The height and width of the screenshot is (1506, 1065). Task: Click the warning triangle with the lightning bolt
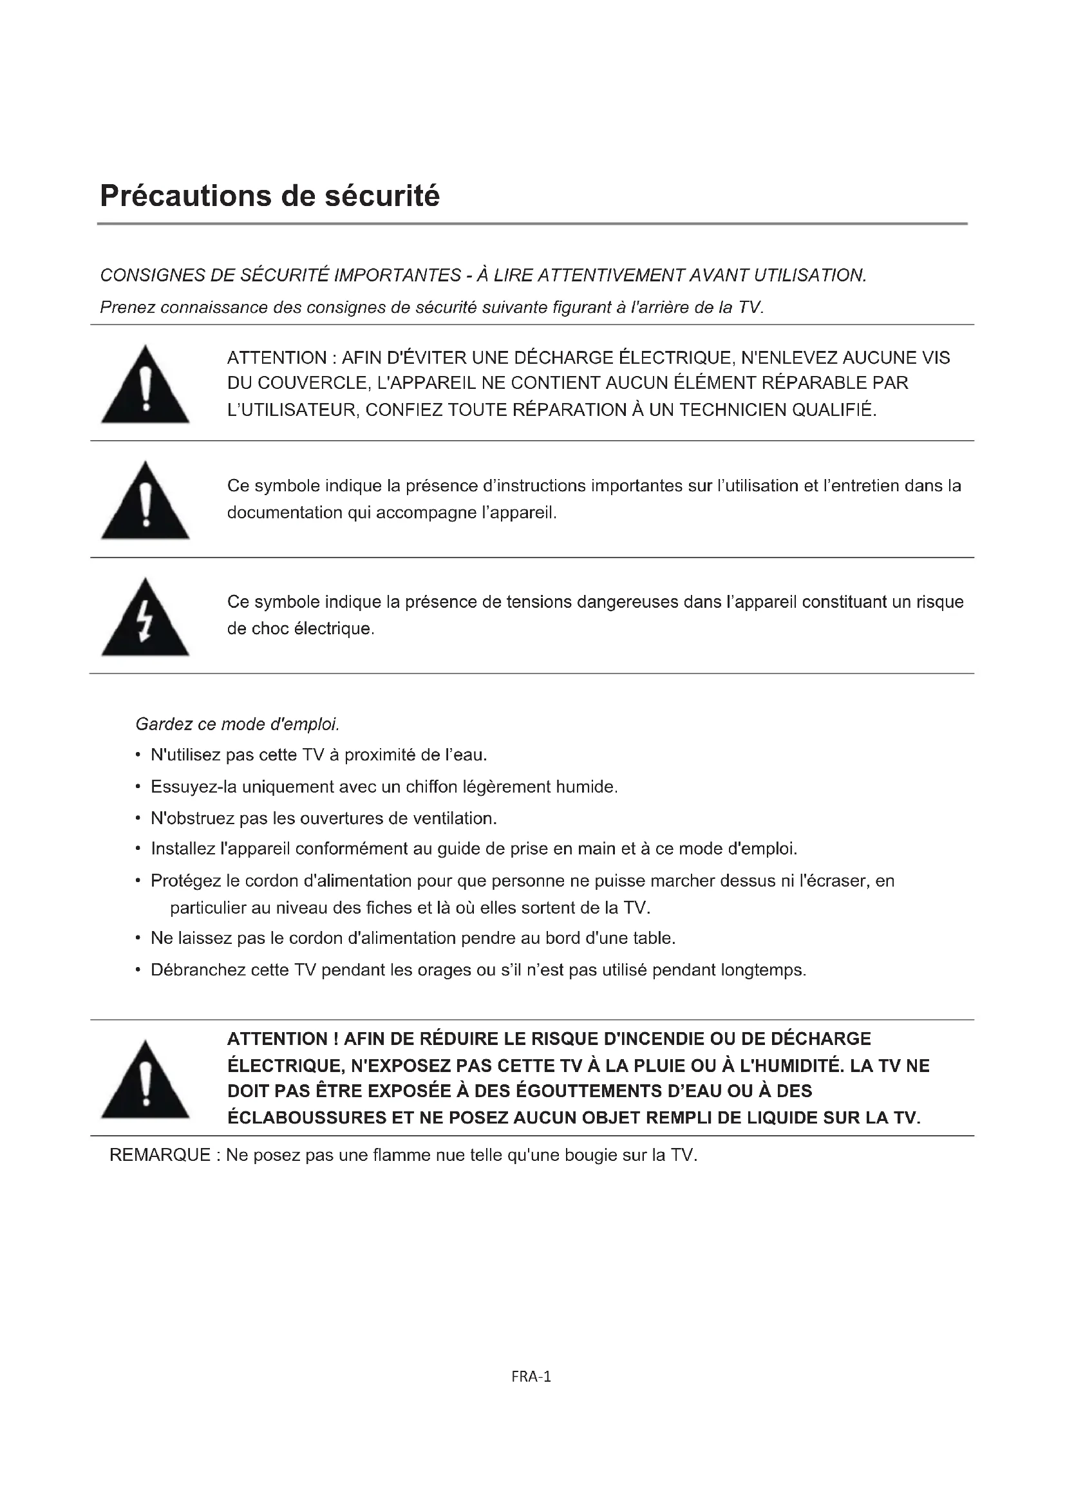pyautogui.click(x=145, y=618)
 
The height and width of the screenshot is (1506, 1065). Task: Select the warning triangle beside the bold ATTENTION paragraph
pyautogui.click(x=145, y=1080)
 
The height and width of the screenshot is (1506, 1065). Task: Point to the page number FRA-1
pyautogui.click(x=531, y=1377)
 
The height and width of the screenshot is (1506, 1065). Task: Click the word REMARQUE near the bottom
pyautogui.click(x=159, y=1155)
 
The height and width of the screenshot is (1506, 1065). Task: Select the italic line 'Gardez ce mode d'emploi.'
pyautogui.click(x=238, y=724)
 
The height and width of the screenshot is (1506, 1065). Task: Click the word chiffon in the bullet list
pyautogui.click(x=431, y=787)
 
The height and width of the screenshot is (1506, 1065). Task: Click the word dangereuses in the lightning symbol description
pyautogui.click(x=628, y=602)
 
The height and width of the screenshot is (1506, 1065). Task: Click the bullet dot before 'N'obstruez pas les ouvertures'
pyautogui.click(x=138, y=818)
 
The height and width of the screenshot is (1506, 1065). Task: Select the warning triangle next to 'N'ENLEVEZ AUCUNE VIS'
pyautogui.click(x=145, y=386)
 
